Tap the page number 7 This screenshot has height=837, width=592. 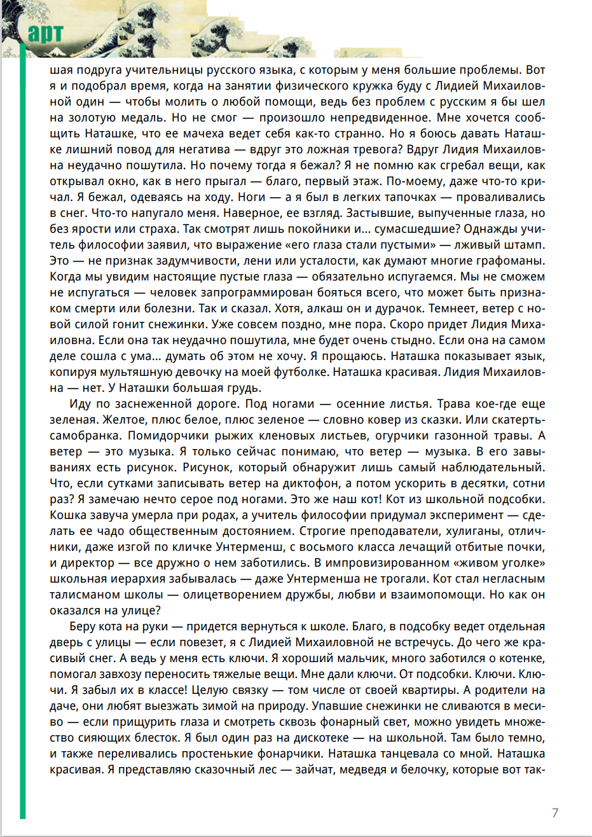coord(555,813)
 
